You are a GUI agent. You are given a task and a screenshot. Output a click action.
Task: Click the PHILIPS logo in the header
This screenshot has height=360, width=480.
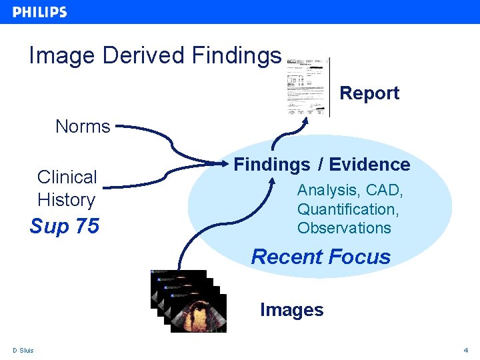[39, 12]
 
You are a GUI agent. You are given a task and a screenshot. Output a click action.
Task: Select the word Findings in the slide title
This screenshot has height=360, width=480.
[236, 55]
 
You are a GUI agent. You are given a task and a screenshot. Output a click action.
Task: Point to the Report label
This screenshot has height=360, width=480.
[369, 93]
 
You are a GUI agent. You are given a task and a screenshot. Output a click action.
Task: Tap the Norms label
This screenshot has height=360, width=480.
[83, 126]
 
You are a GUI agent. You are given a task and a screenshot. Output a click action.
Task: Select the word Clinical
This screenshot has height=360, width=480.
[67, 177]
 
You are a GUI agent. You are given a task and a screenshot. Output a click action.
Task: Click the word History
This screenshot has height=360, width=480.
[66, 199]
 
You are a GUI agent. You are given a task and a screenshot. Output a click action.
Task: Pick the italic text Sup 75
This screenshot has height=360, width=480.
[64, 227]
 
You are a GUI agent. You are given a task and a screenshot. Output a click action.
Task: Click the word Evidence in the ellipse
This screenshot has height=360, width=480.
[370, 165]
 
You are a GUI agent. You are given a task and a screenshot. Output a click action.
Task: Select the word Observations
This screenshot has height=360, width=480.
[344, 228]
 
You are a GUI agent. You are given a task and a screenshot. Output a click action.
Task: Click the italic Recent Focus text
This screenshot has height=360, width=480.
[321, 257]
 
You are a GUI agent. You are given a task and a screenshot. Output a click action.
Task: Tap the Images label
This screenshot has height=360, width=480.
[291, 310]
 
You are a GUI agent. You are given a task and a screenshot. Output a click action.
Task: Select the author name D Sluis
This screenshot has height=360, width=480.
[23, 351]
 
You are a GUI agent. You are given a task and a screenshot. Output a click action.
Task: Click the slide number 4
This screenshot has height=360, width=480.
[466, 351]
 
